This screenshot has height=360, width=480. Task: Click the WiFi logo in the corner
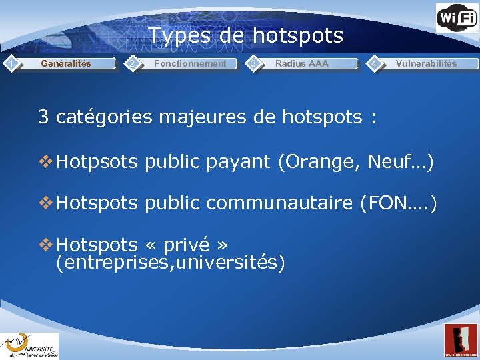point(457,18)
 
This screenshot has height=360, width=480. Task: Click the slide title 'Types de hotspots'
point(245,35)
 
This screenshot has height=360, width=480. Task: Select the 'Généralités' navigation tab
point(66,64)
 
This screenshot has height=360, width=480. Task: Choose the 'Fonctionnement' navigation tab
point(190,64)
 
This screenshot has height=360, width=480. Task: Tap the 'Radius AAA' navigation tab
point(301,64)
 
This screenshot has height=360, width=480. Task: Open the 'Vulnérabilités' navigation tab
point(426,64)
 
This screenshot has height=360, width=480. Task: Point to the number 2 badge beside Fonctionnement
point(133,63)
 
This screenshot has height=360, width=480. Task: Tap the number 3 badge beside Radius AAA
point(253,63)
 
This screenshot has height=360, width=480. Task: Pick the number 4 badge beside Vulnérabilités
point(376,63)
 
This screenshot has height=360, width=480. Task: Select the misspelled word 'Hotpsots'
point(98,161)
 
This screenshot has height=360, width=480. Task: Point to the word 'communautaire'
point(280,203)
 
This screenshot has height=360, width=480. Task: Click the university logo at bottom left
point(29,345)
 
